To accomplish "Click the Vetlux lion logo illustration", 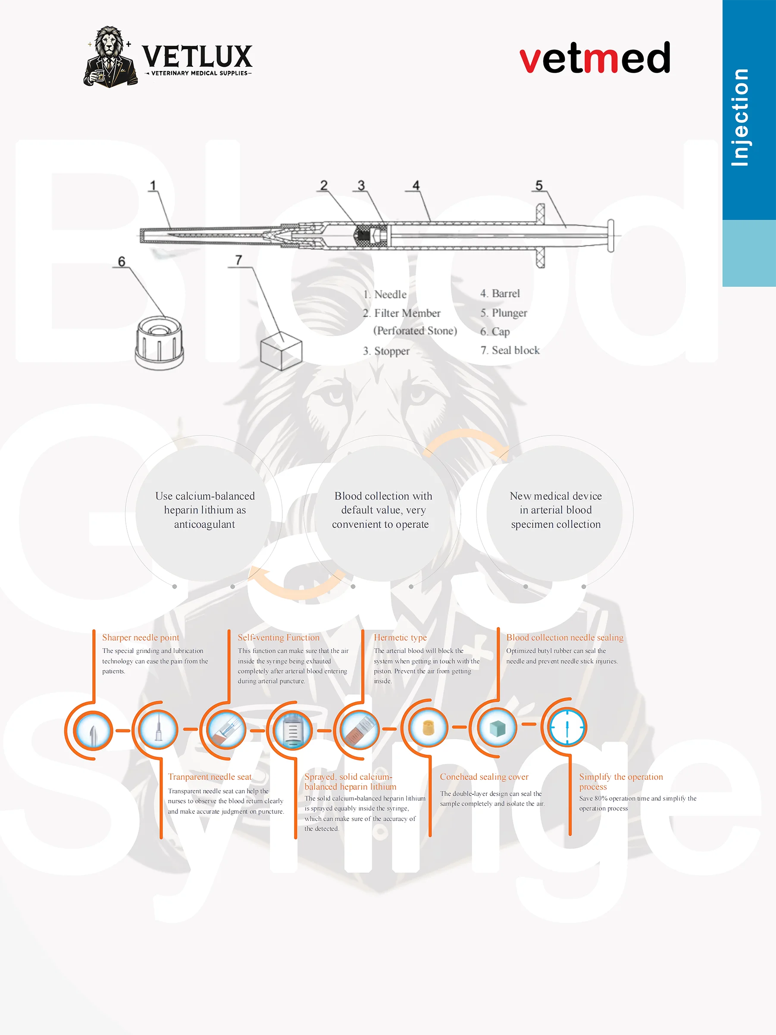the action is coord(110,57).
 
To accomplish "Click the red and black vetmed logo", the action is coord(595,57).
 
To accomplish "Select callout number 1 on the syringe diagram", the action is coord(153,186).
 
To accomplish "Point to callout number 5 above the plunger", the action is coord(539,186).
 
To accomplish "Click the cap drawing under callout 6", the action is coord(159,342).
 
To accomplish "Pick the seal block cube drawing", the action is coord(281,351).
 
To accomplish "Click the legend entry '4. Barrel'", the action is coord(500,293).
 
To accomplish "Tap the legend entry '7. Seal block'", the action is coord(510,350).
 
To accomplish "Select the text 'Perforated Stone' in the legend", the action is coord(415,331).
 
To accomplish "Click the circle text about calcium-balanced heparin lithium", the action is coord(205,510).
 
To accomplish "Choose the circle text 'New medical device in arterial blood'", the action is coord(556,503).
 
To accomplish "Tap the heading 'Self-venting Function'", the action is coord(279,637).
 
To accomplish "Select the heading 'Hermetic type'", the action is coord(401,637).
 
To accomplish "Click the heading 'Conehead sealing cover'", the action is coord(484,777).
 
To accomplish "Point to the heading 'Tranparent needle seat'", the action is coord(210,777).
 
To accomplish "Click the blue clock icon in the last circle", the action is coord(567,727).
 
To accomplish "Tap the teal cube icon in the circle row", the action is coord(497,728).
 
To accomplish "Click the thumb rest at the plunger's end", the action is coord(610,235).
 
